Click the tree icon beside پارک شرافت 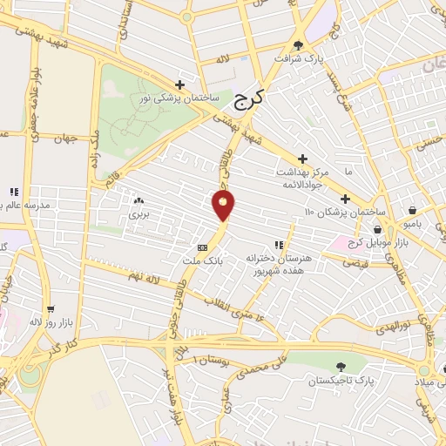pyautogui.click(x=299, y=45)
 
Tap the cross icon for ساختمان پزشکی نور pyautogui.click(x=180, y=84)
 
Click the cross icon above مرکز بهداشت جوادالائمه pyautogui.click(x=302, y=159)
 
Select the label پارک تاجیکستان pyautogui.click(x=341, y=382)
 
